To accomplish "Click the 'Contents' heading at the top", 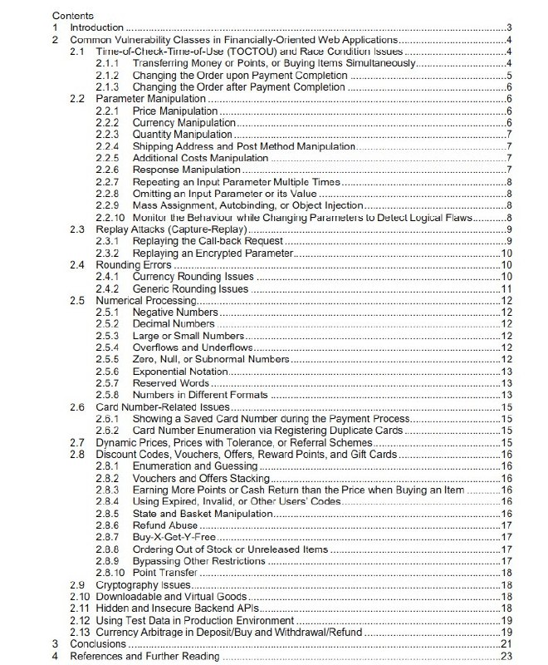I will [x=72, y=15].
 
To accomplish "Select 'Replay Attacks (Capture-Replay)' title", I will [x=166, y=229].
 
